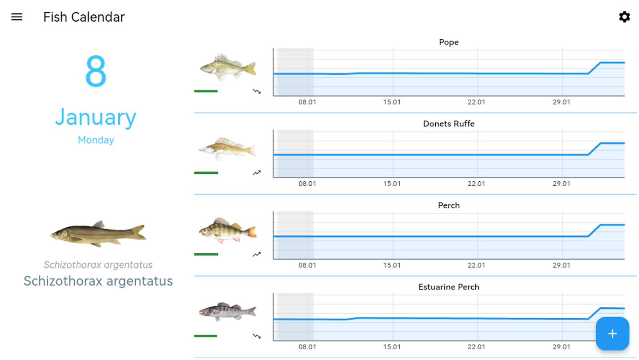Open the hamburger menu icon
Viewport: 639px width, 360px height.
click(17, 17)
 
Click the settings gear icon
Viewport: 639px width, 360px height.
click(624, 17)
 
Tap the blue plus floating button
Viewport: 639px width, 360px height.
click(612, 333)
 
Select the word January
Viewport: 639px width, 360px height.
click(96, 117)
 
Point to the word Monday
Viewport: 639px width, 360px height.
click(96, 140)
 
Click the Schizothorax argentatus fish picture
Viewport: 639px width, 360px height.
click(98, 233)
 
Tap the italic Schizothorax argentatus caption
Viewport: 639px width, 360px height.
click(98, 265)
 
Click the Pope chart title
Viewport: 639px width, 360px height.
click(449, 42)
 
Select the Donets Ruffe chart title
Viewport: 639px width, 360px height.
click(449, 124)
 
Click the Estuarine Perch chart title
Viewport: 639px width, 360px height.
click(449, 287)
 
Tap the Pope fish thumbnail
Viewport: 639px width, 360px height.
click(228, 67)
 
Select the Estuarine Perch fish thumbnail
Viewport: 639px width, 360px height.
click(228, 311)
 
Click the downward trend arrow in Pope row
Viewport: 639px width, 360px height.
click(256, 91)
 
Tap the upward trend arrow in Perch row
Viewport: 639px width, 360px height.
click(256, 254)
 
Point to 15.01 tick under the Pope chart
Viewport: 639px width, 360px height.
click(392, 102)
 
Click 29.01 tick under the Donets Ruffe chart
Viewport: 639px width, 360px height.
click(561, 184)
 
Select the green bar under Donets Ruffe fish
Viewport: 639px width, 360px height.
click(206, 173)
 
